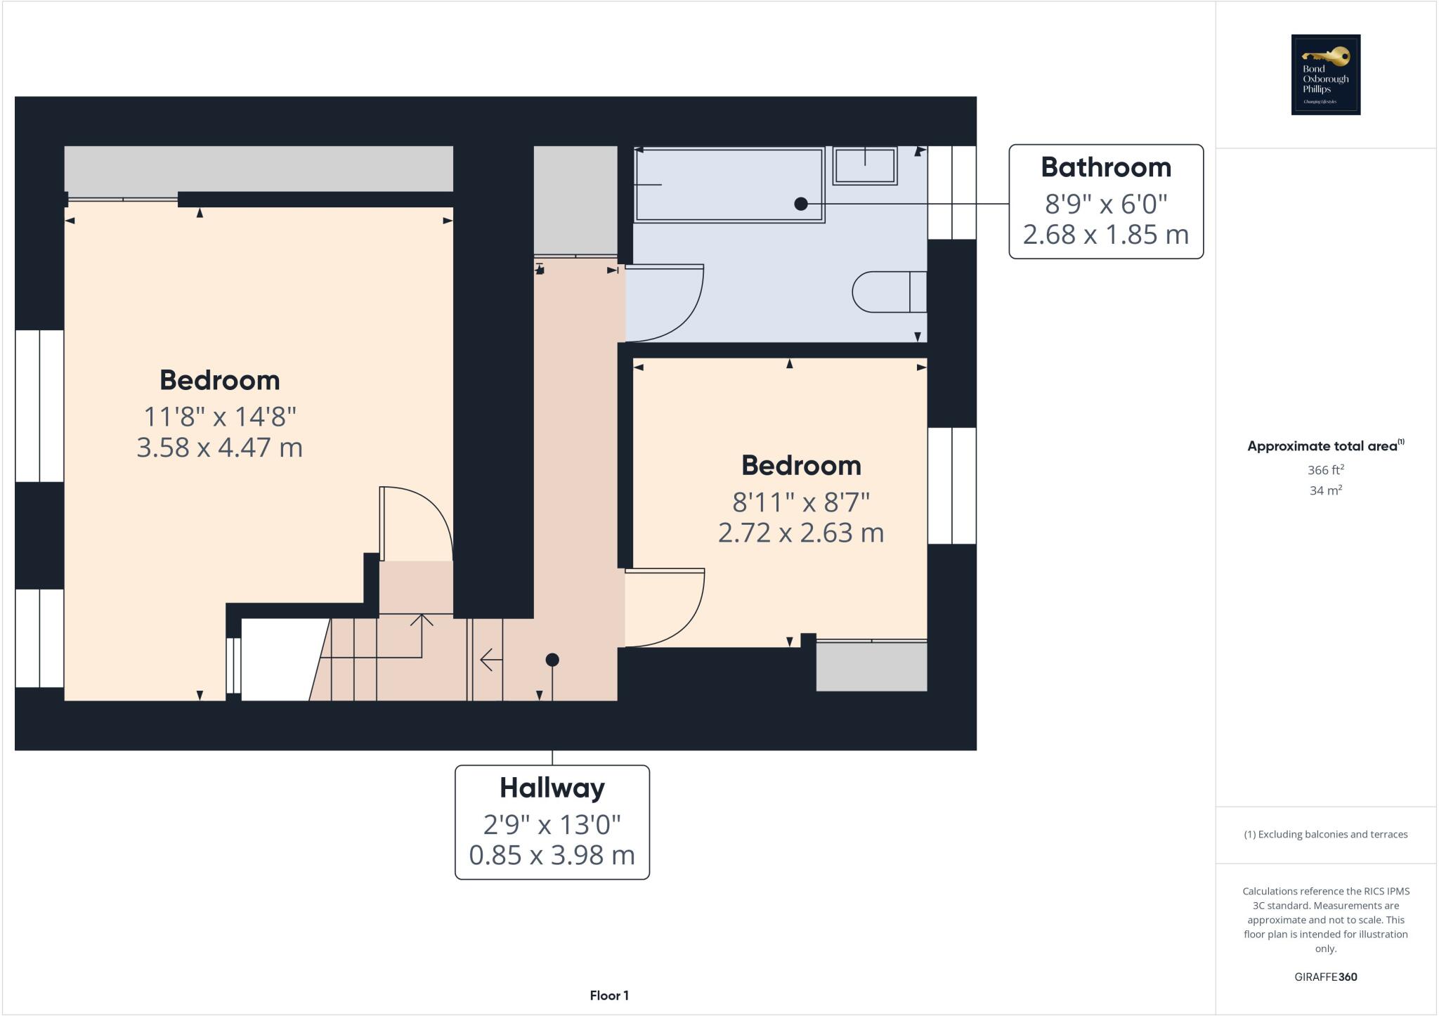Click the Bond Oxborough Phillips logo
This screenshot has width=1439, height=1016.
tap(1325, 74)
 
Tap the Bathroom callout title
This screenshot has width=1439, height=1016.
tap(1105, 167)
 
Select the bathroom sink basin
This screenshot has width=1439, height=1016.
tap(864, 166)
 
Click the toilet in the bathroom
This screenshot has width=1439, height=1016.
tap(888, 292)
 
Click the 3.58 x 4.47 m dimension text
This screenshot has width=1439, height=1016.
tap(219, 448)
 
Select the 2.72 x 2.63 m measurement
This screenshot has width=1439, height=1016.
tap(800, 533)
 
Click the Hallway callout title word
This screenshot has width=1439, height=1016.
tap(552, 788)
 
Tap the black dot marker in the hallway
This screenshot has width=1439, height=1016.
tap(552, 660)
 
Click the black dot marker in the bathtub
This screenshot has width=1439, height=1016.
tap(800, 204)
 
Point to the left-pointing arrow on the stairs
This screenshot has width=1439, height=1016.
tap(490, 660)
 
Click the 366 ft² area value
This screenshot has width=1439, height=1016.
tap(1325, 470)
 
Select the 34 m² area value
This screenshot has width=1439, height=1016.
tap(1325, 490)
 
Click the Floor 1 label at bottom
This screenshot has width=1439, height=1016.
tap(609, 996)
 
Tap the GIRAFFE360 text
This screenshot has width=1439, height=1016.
tap(1325, 977)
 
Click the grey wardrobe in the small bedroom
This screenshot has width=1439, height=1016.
tap(871, 666)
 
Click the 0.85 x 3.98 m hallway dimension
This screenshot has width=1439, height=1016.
tap(552, 855)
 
